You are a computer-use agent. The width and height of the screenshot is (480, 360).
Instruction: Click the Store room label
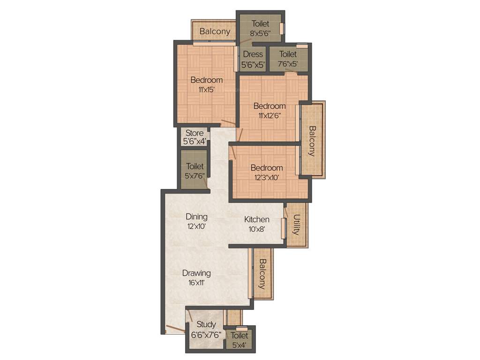(x=195, y=133)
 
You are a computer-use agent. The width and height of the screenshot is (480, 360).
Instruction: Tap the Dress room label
(x=253, y=54)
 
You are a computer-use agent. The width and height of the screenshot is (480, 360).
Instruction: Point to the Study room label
(x=206, y=324)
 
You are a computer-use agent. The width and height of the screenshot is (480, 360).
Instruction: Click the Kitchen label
(x=257, y=219)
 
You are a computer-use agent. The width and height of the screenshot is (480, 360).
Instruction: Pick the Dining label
(x=196, y=217)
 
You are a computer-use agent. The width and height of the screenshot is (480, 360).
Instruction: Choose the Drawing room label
(x=196, y=273)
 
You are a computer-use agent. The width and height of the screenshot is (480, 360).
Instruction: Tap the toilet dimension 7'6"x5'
(x=288, y=64)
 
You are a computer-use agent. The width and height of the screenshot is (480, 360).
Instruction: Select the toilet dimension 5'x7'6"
(x=195, y=176)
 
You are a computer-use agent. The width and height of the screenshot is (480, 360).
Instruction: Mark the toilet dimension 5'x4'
(x=240, y=345)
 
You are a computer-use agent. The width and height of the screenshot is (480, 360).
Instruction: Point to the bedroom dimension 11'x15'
(x=206, y=90)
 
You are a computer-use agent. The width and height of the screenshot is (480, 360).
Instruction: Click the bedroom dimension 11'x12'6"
(x=269, y=115)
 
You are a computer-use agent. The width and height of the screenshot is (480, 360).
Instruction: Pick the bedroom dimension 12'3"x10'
(x=266, y=177)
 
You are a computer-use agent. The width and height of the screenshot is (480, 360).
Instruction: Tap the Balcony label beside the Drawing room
(x=262, y=274)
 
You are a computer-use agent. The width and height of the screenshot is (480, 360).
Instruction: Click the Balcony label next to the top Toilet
(x=215, y=31)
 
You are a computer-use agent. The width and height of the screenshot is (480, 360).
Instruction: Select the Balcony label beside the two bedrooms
(x=312, y=141)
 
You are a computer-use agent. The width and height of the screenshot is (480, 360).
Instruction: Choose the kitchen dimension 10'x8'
(x=256, y=229)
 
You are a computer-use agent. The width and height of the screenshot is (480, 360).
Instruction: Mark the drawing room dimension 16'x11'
(x=196, y=283)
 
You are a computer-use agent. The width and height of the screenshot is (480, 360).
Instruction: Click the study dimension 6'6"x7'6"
(x=206, y=335)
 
